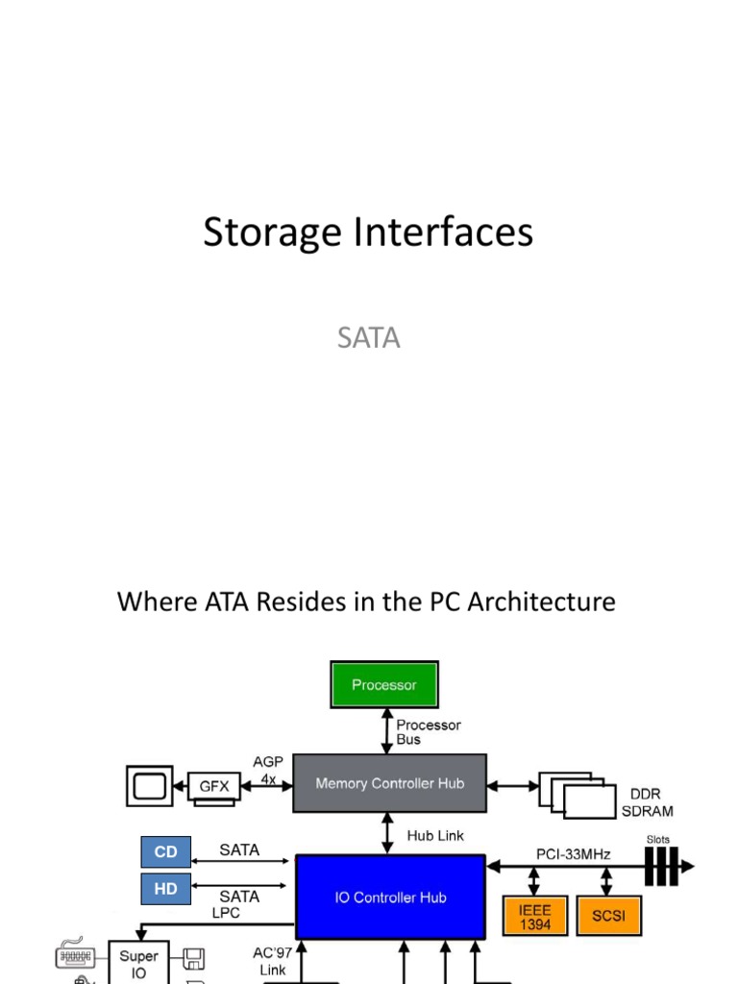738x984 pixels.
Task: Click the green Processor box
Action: click(x=384, y=685)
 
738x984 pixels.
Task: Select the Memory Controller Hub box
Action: click(x=389, y=783)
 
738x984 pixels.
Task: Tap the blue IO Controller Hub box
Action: click(x=390, y=898)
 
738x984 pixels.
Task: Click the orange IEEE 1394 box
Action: click(x=534, y=916)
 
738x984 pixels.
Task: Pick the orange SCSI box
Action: click(x=608, y=916)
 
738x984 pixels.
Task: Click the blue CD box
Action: click(x=165, y=851)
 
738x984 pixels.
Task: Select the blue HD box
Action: click(x=165, y=889)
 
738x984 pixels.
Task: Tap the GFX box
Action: click(x=214, y=785)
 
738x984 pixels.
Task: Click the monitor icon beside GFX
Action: click(x=149, y=785)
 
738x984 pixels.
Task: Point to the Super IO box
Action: click(x=138, y=964)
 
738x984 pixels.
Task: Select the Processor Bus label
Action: click(x=429, y=732)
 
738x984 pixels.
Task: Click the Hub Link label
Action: click(x=435, y=835)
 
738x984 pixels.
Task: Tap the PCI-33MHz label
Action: click(x=573, y=852)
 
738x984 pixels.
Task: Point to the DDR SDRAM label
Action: click(x=652, y=802)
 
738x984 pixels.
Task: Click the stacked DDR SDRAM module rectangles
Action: click(x=578, y=794)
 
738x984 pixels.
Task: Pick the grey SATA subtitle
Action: click(x=368, y=338)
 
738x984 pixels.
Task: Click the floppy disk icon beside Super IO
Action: click(x=193, y=958)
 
